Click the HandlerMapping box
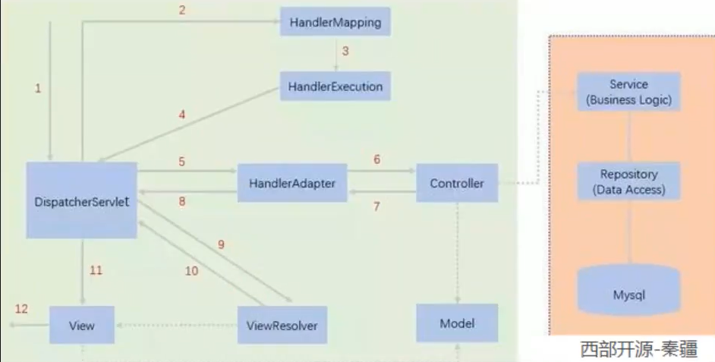[x=335, y=21]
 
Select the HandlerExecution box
[x=335, y=87]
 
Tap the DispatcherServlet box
[x=82, y=200]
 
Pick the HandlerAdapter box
[x=292, y=183]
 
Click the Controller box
[x=457, y=183]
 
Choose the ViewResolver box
[x=282, y=325]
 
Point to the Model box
[x=457, y=323]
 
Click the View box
[x=82, y=325]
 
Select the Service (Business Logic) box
[x=628, y=92]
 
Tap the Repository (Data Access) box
[x=628, y=181]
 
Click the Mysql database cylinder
[x=628, y=291]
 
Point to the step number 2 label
[x=182, y=10]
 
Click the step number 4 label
[x=182, y=115]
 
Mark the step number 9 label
[x=221, y=244]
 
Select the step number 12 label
[x=21, y=309]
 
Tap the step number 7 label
[x=376, y=206]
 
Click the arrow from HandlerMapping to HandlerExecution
[x=336, y=54]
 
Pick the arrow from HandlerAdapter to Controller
[x=382, y=171]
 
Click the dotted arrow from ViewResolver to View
[x=176, y=325]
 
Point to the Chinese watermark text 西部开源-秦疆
[x=639, y=349]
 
